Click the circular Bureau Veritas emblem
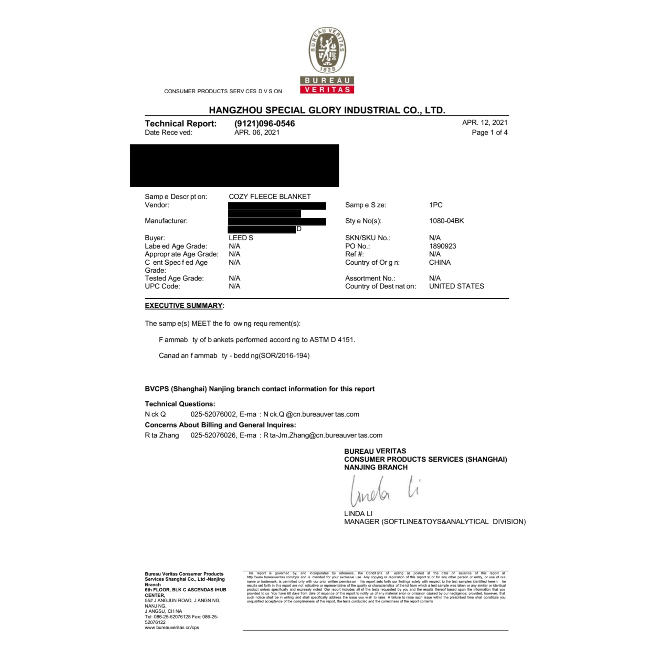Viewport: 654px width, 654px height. click(x=327, y=50)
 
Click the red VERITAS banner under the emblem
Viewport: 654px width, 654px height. click(x=327, y=89)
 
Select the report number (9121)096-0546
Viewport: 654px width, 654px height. click(x=264, y=124)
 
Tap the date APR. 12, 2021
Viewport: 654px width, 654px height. click(x=485, y=123)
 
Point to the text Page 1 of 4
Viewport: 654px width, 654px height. click(x=489, y=133)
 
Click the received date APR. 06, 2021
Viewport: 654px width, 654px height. click(x=257, y=133)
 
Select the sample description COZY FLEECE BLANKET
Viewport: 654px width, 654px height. click(x=270, y=197)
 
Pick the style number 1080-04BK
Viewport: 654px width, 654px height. click(x=446, y=221)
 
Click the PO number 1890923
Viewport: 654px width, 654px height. click(x=442, y=246)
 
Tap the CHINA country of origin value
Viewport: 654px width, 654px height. click(x=440, y=262)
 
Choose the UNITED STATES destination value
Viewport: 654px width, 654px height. click(x=456, y=286)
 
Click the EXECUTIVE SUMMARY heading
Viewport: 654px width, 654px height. click(x=184, y=306)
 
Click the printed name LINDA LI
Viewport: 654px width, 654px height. click(x=358, y=514)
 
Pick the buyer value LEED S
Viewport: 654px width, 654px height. click(x=241, y=238)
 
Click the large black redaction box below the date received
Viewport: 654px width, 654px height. click(x=234, y=166)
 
